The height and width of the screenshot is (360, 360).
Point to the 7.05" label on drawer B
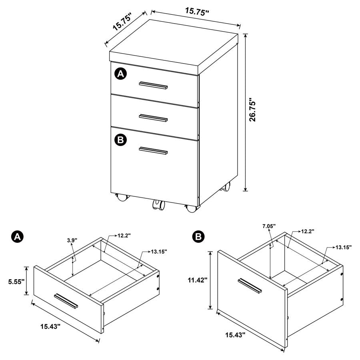(269, 226)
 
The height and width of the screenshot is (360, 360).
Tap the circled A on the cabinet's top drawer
(121, 74)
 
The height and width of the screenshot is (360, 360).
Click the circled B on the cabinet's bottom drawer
(121, 139)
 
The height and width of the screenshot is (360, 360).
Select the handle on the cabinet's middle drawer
(153, 117)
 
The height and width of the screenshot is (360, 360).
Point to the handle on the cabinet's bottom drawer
(153, 150)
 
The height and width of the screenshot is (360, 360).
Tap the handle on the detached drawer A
(66, 301)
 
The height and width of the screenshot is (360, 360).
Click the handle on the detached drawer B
(249, 286)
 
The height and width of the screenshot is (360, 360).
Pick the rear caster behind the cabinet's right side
(227, 186)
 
